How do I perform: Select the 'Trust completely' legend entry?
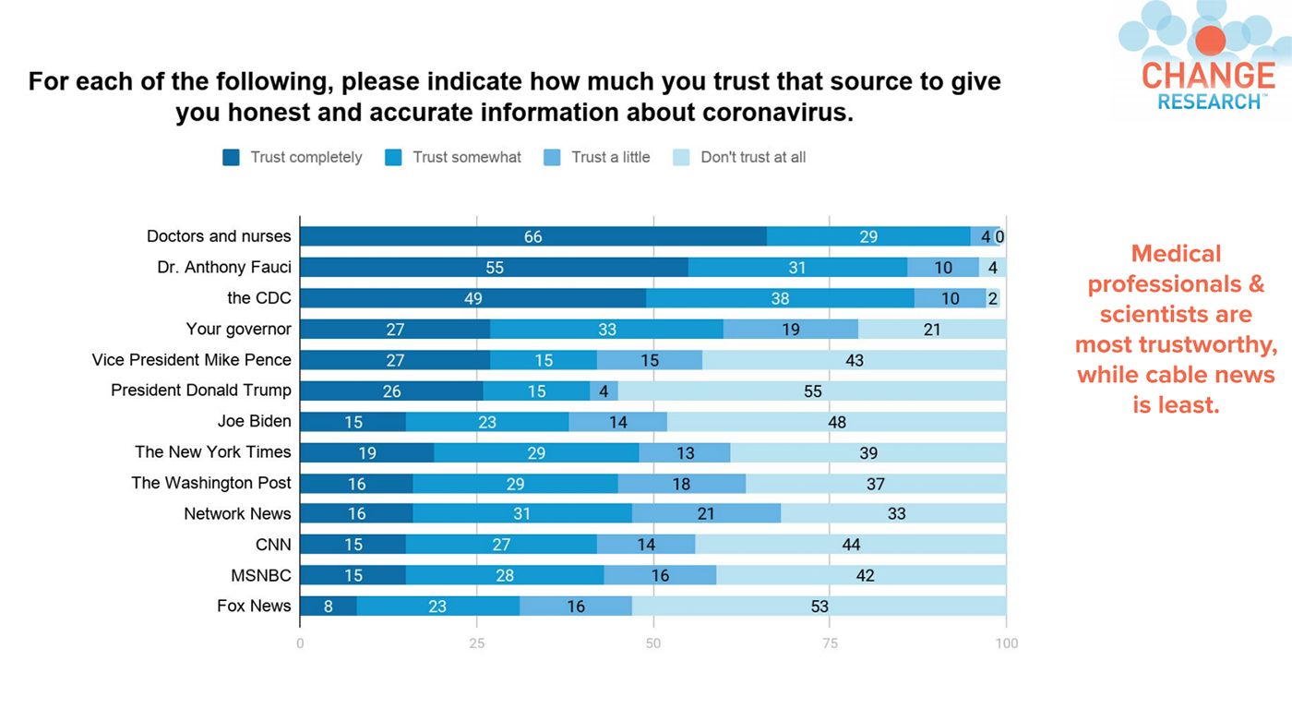click(x=293, y=157)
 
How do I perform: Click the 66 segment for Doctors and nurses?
click(x=533, y=236)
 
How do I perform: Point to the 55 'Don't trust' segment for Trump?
click(x=812, y=391)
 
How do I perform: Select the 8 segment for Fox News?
click(x=329, y=607)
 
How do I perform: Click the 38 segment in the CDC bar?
click(x=780, y=298)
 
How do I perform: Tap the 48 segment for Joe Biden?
click(x=837, y=422)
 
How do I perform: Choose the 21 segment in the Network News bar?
click(x=707, y=514)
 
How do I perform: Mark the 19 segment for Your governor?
click(x=791, y=329)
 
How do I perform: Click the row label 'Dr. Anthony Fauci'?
click(x=224, y=268)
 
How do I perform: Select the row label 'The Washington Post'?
click(x=211, y=483)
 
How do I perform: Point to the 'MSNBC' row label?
click(x=261, y=576)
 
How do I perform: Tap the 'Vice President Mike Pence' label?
click(x=192, y=360)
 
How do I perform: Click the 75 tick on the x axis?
click(x=830, y=643)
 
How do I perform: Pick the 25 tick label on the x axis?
click(x=476, y=643)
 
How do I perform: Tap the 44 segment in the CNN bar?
click(x=851, y=545)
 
